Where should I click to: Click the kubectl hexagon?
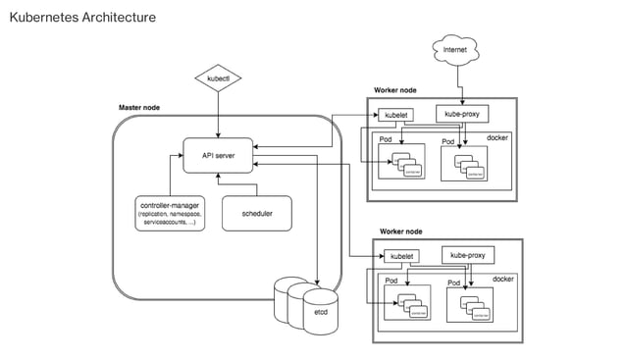point(218,77)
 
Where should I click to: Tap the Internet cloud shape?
point(453,49)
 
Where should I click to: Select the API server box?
point(218,156)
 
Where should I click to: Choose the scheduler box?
point(256,213)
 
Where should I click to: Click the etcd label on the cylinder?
point(321,312)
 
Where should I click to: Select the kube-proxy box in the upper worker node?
point(461,114)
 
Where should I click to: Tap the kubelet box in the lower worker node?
point(401,257)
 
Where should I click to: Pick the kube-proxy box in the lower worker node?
point(468,255)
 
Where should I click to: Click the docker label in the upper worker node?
point(497,137)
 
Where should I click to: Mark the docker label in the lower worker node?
point(502,279)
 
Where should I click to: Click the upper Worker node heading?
point(396,90)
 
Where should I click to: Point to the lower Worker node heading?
point(400,231)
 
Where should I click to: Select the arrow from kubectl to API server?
point(218,115)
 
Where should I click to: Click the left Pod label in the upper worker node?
point(386,140)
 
